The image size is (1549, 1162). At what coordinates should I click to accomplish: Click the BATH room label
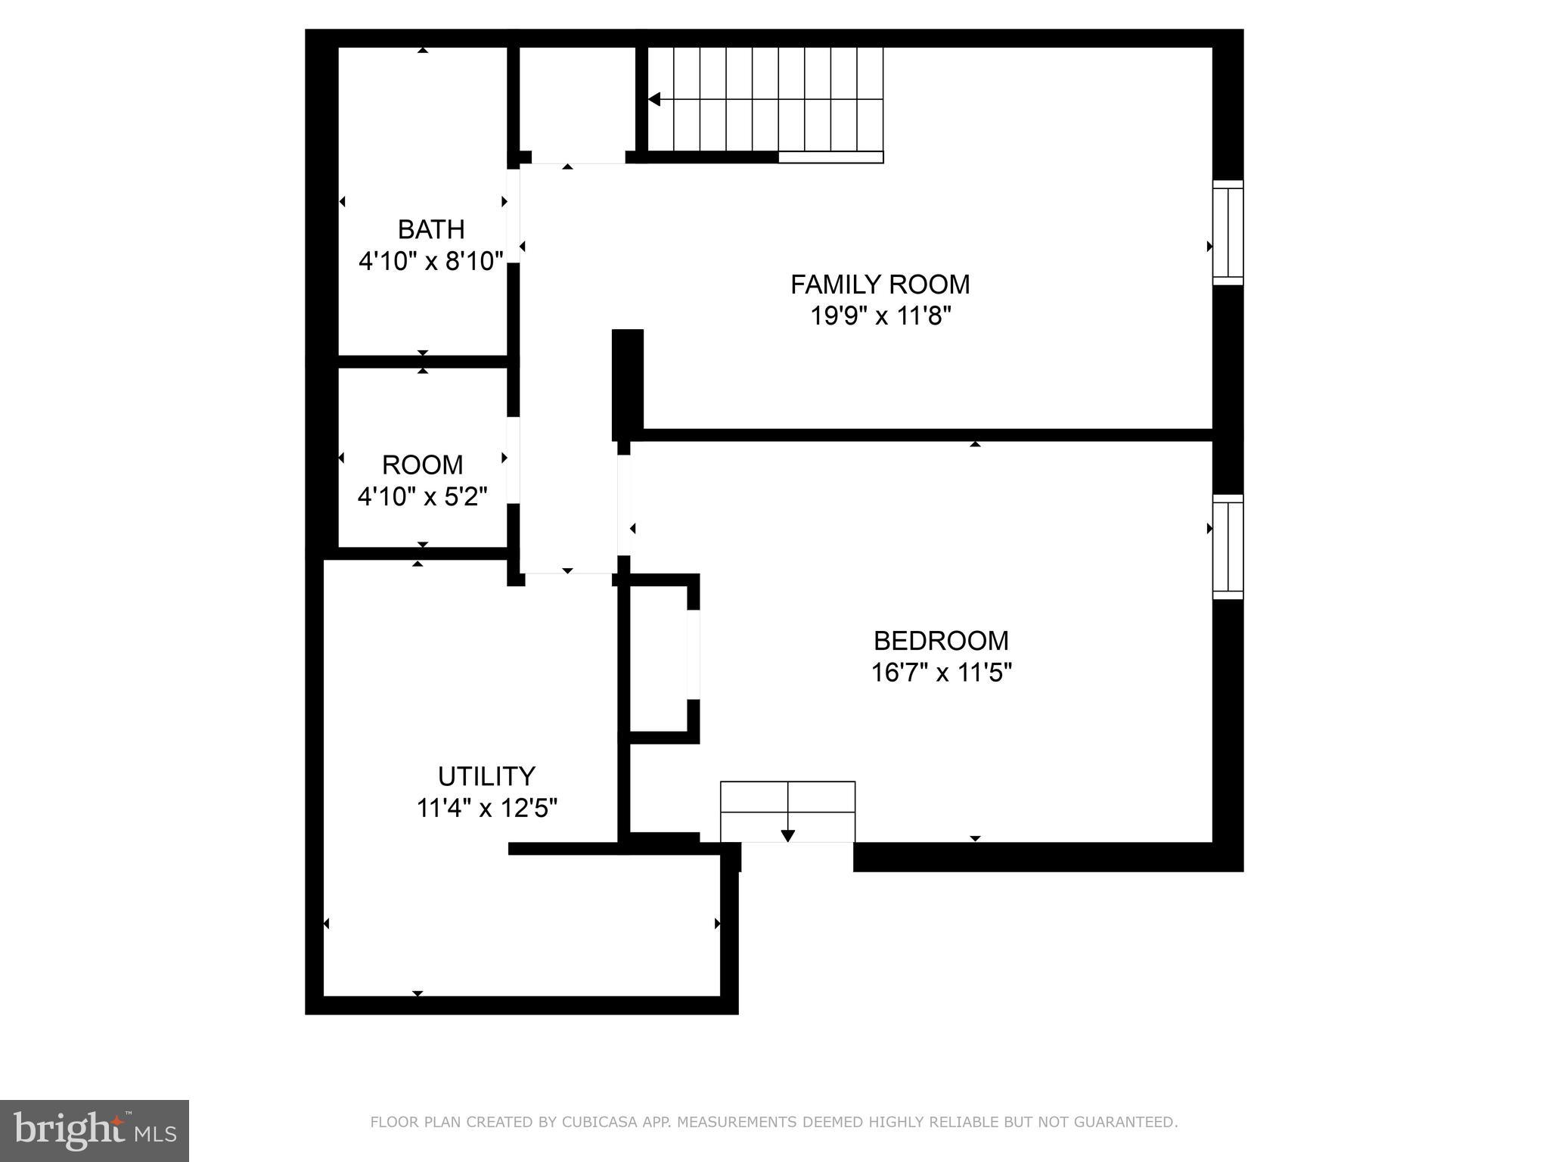click(x=431, y=228)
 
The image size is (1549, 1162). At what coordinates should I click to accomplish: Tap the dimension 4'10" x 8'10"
click(x=431, y=262)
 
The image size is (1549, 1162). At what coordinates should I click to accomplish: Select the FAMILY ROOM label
click(x=880, y=284)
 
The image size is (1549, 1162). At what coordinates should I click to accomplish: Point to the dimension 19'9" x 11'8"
click(x=880, y=316)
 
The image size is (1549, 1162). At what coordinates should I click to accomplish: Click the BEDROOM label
click(x=941, y=641)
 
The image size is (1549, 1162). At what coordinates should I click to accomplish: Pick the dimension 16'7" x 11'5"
click(x=941, y=673)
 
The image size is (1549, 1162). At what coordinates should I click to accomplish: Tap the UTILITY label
click(x=486, y=776)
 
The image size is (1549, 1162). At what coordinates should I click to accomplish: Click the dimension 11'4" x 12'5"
click(x=486, y=809)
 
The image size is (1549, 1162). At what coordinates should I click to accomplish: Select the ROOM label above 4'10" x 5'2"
click(x=422, y=464)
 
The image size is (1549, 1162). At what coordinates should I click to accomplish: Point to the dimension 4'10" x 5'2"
click(x=422, y=497)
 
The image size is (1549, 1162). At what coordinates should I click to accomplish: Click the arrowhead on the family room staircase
click(x=654, y=99)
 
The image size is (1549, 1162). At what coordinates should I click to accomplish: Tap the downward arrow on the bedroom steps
click(x=787, y=835)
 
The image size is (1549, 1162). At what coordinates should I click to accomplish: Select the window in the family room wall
click(x=1228, y=233)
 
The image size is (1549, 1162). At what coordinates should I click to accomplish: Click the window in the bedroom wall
click(x=1228, y=547)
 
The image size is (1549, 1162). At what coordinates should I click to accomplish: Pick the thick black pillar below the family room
click(x=627, y=382)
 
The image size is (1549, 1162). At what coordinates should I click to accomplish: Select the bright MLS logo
click(x=94, y=1130)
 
